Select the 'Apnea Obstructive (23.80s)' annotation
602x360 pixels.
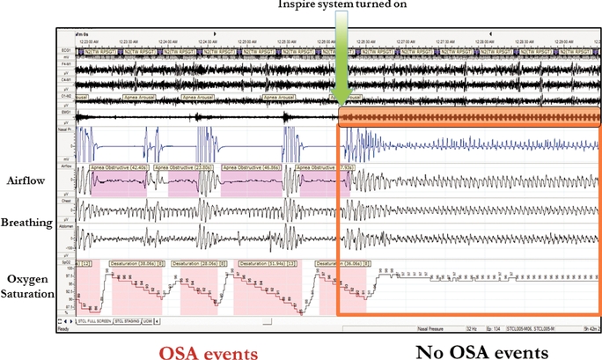(x=182, y=165)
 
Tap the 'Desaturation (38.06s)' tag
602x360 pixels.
(x=136, y=263)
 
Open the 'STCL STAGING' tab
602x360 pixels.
(x=150, y=321)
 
